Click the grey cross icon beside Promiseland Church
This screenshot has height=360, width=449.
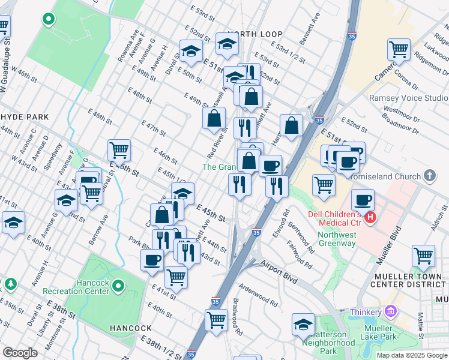[x=429, y=176]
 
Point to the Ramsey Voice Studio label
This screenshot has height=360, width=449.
[x=408, y=98]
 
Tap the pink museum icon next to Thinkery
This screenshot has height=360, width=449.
[x=391, y=311]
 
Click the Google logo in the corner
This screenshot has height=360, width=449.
[x=20, y=353]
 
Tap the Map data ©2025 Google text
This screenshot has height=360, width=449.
[x=411, y=355]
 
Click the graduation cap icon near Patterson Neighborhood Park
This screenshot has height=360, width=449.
[x=303, y=325]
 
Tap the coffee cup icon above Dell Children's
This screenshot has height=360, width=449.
[x=363, y=200]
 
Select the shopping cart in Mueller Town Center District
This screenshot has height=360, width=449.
[x=423, y=256]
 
